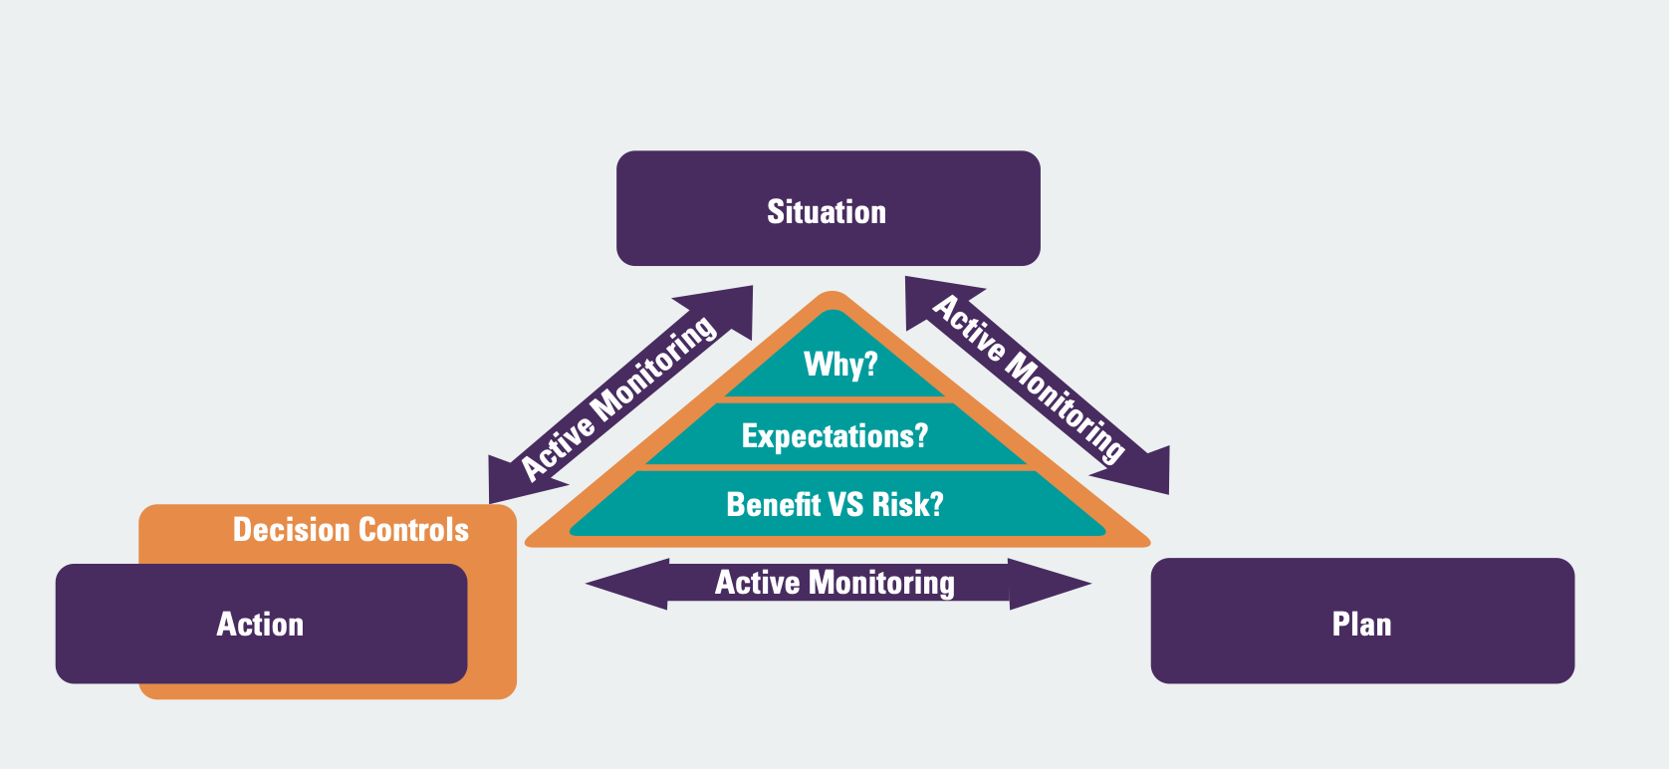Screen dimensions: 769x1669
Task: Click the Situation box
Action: click(828, 208)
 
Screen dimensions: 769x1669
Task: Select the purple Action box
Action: click(261, 624)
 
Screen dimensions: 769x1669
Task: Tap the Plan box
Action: click(1361, 621)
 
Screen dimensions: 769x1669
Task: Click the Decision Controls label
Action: click(351, 530)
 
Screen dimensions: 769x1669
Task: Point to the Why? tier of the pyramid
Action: click(839, 365)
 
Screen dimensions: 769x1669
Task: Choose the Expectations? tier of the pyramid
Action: click(834, 435)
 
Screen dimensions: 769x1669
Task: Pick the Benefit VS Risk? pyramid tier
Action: click(834, 504)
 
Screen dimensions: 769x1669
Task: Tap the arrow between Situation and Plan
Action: click(1036, 384)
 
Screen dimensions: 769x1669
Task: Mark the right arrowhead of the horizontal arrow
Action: click(1050, 584)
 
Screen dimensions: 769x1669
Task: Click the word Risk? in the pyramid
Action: click(907, 504)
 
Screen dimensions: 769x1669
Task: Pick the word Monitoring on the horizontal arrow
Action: click(881, 583)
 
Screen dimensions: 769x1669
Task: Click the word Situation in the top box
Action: click(827, 212)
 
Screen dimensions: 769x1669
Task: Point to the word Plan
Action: click(1361, 625)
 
